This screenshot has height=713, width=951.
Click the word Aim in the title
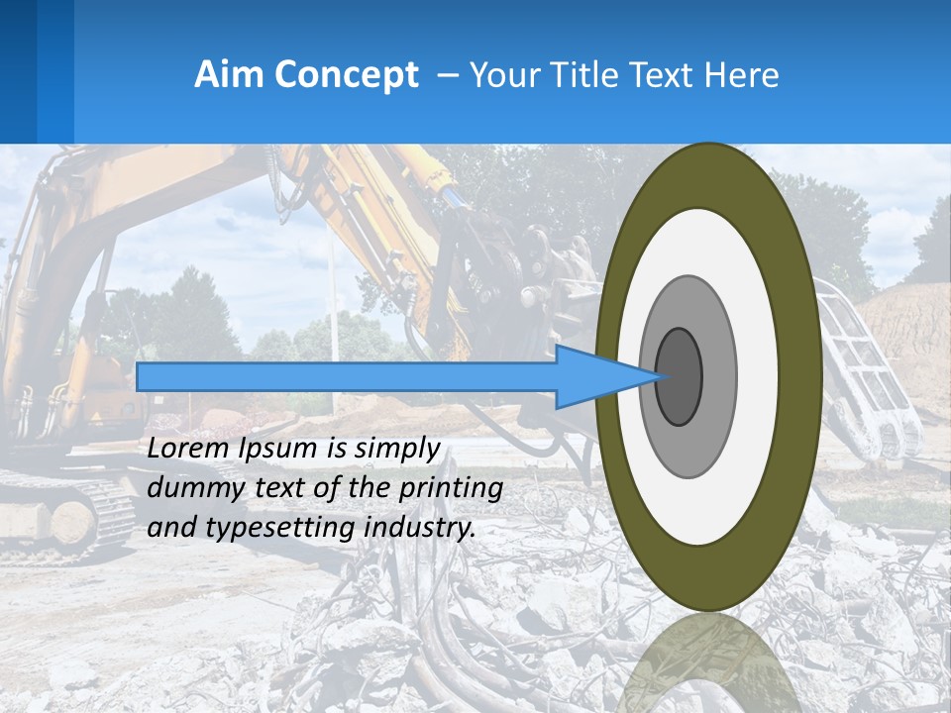230,75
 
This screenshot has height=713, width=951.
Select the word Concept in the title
346,75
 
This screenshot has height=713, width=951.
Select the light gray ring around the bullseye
718,376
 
